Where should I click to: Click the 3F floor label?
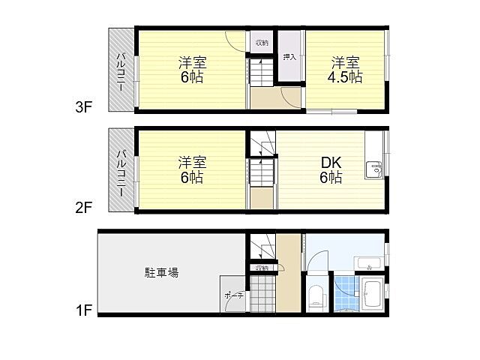[82, 107]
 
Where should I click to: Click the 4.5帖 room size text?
[346, 77]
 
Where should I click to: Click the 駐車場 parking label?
[161, 272]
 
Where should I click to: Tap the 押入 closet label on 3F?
[289, 56]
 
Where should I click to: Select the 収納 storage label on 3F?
[260, 42]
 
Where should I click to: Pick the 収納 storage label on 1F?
[261, 268]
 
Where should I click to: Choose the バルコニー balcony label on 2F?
[120, 169]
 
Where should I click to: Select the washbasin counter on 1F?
[367, 263]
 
